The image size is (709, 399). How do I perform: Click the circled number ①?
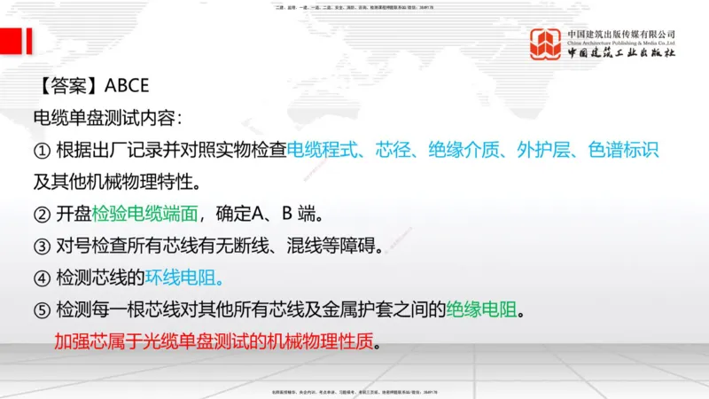click(42, 150)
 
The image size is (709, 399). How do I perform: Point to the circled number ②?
click(42, 214)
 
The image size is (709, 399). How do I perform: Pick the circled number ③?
click(42, 246)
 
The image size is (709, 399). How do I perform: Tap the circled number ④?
click(42, 278)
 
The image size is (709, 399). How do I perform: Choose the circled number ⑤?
click(42, 310)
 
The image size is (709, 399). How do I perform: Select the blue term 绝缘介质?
click(462, 150)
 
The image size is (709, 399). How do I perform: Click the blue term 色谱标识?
click(623, 150)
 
